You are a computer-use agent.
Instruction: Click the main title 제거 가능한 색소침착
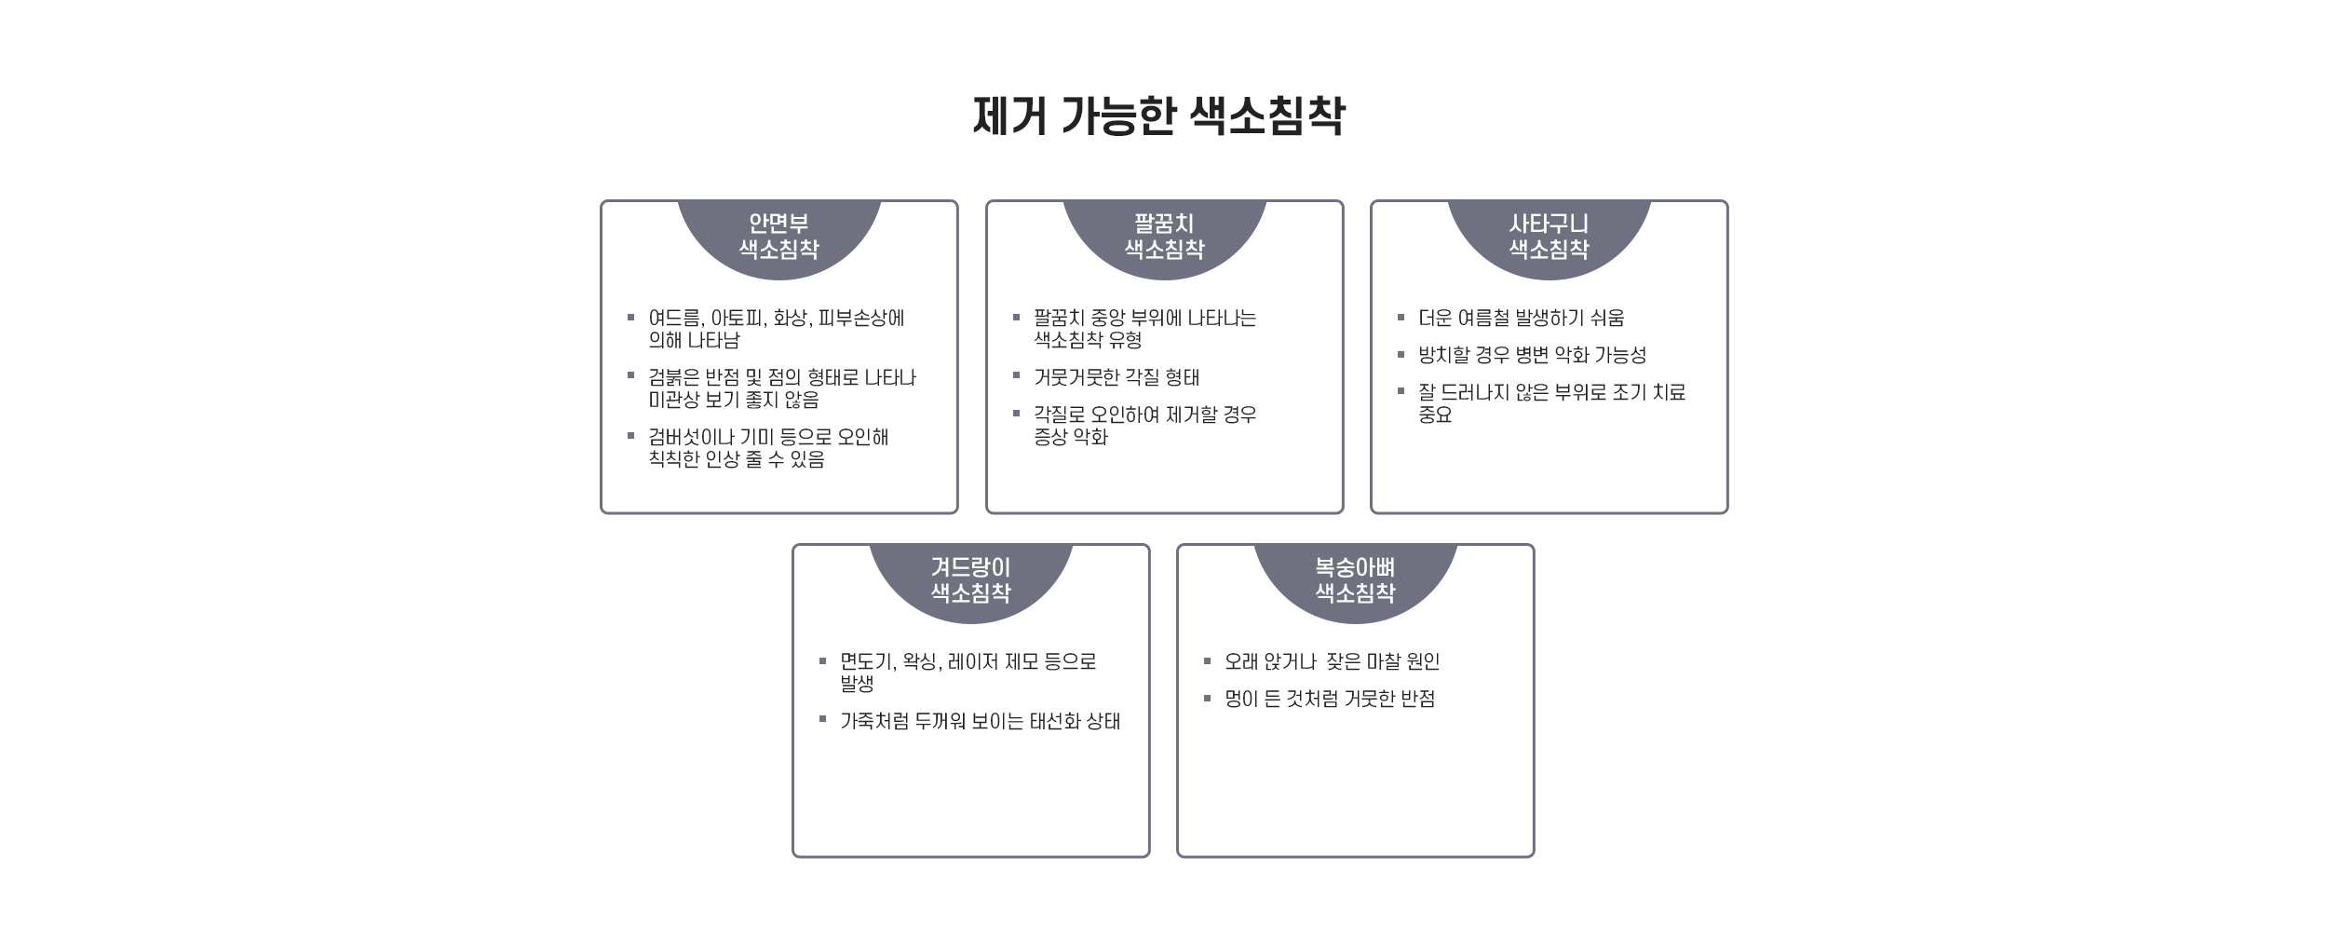click(x=1158, y=116)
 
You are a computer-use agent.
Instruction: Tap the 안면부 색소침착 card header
click(x=778, y=237)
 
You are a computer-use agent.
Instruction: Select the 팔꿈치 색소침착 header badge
click(x=1164, y=237)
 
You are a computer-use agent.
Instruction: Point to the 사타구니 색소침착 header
click(x=1549, y=237)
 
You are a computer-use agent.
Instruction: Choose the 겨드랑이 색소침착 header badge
click(x=970, y=580)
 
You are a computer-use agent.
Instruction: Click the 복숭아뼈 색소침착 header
click(x=1355, y=580)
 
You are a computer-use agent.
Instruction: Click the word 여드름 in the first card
click(x=675, y=319)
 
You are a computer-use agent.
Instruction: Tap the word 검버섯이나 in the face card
click(x=690, y=438)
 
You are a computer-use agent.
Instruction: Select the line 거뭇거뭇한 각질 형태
click(x=1117, y=378)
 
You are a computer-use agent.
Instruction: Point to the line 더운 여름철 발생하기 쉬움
click(x=1522, y=319)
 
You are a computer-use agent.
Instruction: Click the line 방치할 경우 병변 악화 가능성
click(x=1533, y=356)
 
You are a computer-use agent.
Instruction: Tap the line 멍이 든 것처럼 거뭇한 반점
click(x=1330, y=700)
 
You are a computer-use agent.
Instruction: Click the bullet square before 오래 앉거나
click(x=1208, y=661)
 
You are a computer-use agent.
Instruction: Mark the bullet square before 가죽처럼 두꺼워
click(x=823, y=719)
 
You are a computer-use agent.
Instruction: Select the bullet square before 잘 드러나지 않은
click(x=1401, y=391)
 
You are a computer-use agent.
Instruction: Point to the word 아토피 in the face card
click(x=738, y=319)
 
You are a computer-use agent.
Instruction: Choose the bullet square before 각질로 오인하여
click(x=1017, y=414)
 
